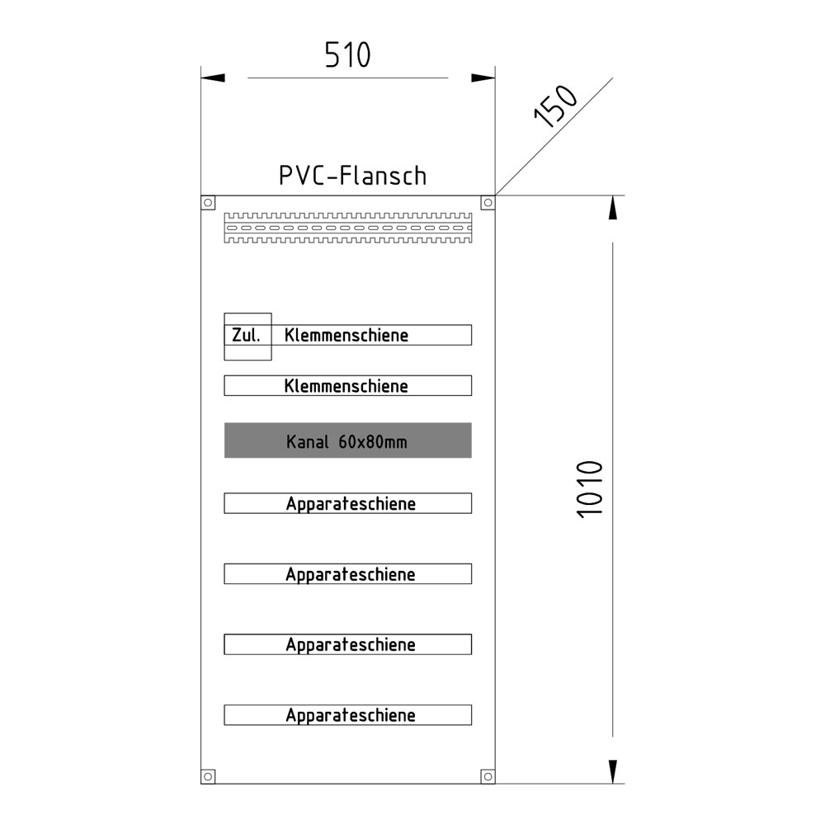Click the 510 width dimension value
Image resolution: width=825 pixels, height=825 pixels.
(347, 55)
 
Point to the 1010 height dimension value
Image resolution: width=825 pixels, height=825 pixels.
(591, 488)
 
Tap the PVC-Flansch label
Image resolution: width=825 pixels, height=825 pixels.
(352, 176)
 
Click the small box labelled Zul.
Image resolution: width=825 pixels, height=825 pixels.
(247, 336)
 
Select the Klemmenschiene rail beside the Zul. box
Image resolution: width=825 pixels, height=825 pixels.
(371, 335)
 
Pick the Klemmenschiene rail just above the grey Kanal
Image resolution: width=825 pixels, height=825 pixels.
(347, 385)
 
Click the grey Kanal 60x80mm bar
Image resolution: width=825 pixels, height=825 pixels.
(347, 441)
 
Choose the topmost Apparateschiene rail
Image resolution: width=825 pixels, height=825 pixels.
(347, 503)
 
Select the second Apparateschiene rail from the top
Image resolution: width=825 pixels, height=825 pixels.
(347, 574)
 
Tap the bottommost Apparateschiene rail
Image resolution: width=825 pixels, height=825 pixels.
(347, 715)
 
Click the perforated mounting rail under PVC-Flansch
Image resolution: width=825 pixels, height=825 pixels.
(347, 228)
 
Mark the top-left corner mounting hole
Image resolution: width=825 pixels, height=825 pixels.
(208, 201)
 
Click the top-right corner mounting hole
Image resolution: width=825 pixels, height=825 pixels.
(488, 201)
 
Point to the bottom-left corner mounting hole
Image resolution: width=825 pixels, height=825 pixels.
(208, 775)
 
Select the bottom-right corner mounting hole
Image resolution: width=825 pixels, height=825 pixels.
(488, 775)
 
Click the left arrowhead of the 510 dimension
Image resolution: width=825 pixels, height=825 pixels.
(213, 78)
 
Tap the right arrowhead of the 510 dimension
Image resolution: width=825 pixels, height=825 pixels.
(483, 78)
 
